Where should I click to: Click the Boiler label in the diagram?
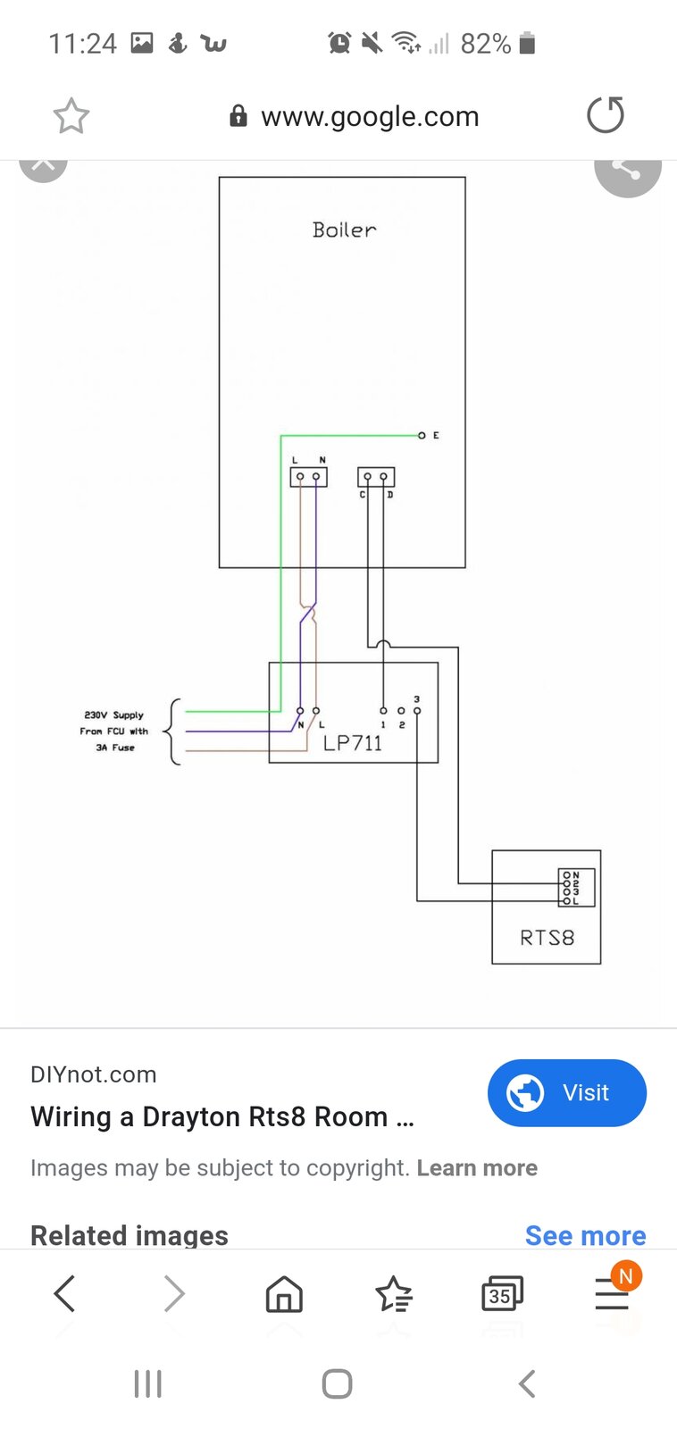click(x=344, y=230)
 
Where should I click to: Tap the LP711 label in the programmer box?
click(x=353, y=743)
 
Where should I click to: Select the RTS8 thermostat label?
click(x=547, y=938)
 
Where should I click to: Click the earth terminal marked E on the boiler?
click(x=422, y=435)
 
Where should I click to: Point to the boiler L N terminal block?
click(x=308, y=477)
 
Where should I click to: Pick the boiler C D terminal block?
click(x=375, y=477)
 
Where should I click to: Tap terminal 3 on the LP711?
click(x=417, y=711)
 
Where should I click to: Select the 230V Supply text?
click(x=113, y=715)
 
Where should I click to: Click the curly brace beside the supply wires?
click(x=173, y=731)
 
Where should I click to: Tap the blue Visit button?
click(x=566, y=1092)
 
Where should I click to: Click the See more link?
click(x=585, y=1235)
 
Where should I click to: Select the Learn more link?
click(x=477, y=1168)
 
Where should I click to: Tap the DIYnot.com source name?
click(x=93, y=1074)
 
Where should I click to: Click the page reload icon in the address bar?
click(x=605, y=115)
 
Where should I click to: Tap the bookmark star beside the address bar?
click(x=71, y=116)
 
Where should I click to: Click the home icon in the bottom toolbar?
click(x=284, y=1293)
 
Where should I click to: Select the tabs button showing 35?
click(x=501, y=1293)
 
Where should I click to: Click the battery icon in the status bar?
click(x=527, y=43)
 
